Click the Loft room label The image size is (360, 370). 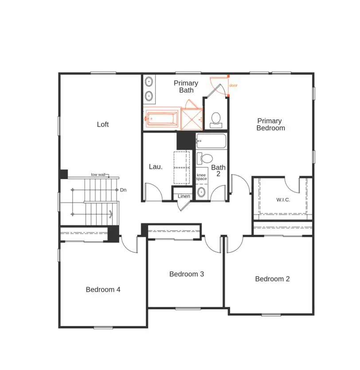coord(103,125)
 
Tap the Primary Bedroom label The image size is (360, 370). coord(271,124)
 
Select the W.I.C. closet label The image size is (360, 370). coord(283,200)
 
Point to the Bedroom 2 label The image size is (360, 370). coord(272,279)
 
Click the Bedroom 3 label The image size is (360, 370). coord(187,274)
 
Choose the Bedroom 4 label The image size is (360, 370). coord(103,290)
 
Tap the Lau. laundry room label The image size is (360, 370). coord(156,167)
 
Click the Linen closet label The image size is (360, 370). coord(184,196)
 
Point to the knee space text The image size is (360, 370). coord(202,177)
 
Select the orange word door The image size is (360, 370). coord(233,85)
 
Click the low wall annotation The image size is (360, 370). coord(98,175)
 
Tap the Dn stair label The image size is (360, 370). coord(123,190)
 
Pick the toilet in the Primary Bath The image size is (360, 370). coord(216,119)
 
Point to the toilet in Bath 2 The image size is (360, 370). coord(205,158)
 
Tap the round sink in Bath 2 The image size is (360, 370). coord(202,192)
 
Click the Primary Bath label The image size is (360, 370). coord(186,87)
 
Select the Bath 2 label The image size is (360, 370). coord(218,171)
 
